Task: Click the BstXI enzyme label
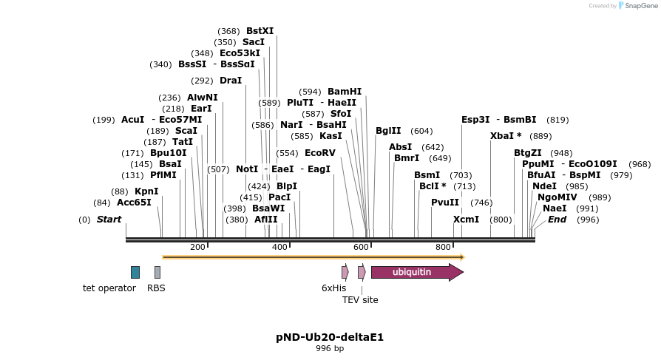pyautogui.click(x=260, y=31)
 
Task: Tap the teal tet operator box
pyautogui.click(x=135, y=272)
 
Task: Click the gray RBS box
pyautogui.click(x=157, y=272)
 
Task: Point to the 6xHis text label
pyautogui.click(x=333, y=288)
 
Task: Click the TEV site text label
pyautogui.click(x=360, y=300)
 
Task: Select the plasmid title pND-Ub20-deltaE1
pyautogui.click(x=330, y=337)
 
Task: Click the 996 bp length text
pyautogui.click(x=330, y=348)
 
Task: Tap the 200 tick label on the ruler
pyautogui.click(x=198, y=247)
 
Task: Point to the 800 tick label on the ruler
pyautogui.click(x=443, y=247)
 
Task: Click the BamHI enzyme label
pyautogui.click(x=345, y=92)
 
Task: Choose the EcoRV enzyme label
pyautogui.click(x=320, y=153)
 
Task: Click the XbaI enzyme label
pyautogui.click(x=506, y=136)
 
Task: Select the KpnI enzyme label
pyautogui.click(x=146, y=191)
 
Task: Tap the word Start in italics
pyautogui.click(x=109, y=220)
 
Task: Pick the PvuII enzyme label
pyautogui.click(x=445, y=203)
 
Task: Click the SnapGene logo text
pyautogui.click(x=637, y=6)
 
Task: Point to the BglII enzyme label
pyautogui.click(x=388, y=131)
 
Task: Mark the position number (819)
pyautogui.click(x=557, y=120)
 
